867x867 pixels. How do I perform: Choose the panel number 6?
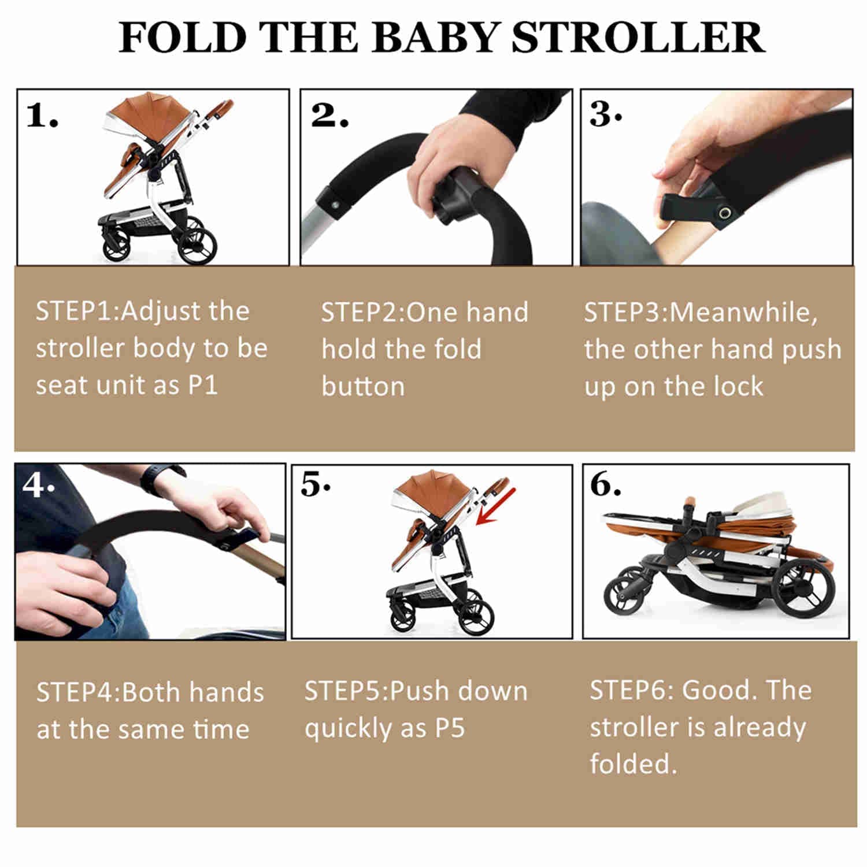coord(605,484)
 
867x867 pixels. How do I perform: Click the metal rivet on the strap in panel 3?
coord(723,214)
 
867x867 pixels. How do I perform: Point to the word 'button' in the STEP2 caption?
coord(363,387)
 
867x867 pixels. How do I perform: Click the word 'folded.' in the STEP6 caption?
coord(633,764)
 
